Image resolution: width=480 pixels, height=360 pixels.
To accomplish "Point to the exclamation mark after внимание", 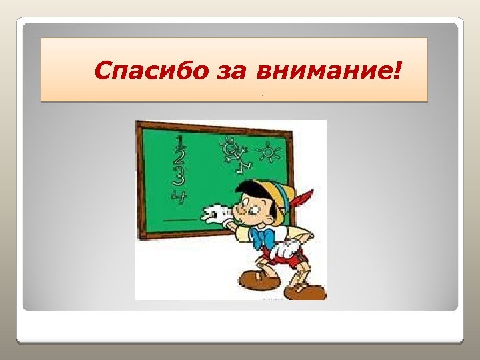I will click(x=399, y=69).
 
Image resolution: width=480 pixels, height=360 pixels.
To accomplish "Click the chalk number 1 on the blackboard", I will click(x=179, y=141).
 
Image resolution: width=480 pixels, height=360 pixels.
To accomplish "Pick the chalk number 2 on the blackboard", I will click(x=179, y=157).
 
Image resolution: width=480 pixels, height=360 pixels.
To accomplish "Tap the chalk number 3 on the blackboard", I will click(x=178, y=175).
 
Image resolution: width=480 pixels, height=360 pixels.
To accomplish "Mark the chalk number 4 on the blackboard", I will click(x=178, y=194).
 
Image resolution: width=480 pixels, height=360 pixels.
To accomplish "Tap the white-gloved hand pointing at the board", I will click(x=215, y=215).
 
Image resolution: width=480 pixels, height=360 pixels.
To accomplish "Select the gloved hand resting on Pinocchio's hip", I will click(x=287, y=250).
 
